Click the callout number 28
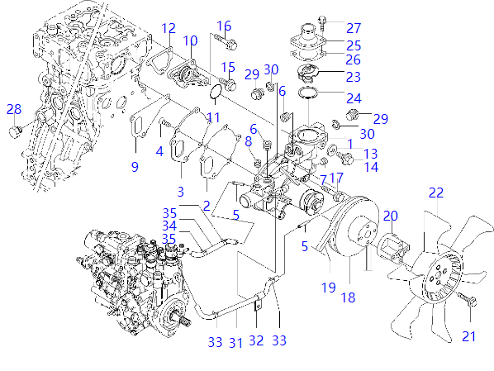tap(14, 110)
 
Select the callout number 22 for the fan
tap(436, 193)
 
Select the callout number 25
tap(354, 45)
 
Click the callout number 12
tap(169, 29)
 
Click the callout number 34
tap(169, 226)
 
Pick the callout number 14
tap(370, 167)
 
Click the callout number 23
tap(354, 77)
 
